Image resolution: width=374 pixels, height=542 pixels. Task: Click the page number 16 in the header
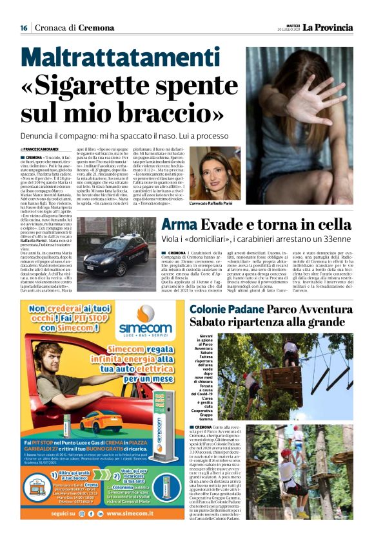pos(23,28)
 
